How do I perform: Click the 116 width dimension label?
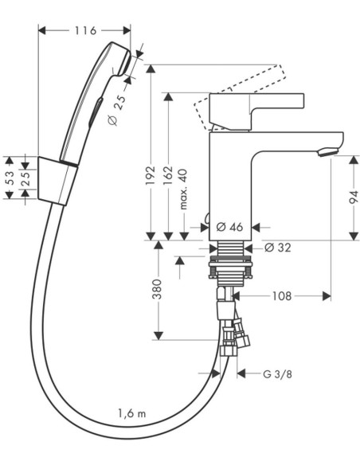pos(85,30)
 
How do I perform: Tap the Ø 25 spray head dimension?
pos(116,111)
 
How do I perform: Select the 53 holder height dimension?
pos(10,178)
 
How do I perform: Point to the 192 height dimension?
pos(151,175)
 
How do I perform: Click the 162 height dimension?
pos(168,175)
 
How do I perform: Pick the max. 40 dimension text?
pos(184,190)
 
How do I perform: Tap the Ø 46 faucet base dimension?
pos(229,227)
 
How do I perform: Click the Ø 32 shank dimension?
pos(277,248)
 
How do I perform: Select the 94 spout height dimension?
pos(353,197)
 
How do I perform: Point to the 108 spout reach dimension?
pos(282,296)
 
